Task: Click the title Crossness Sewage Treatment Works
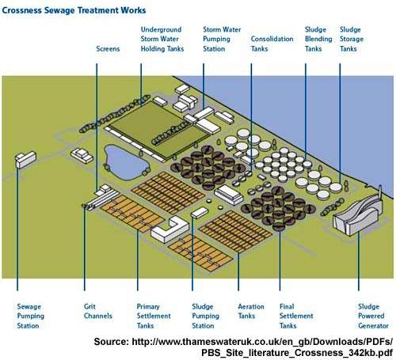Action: tap(74, 10)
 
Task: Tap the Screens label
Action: tap(108, 49)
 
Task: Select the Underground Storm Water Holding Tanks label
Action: tap(162, 39)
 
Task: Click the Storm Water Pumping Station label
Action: tap(222, 39)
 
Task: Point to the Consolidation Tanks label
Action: tap(272, 44)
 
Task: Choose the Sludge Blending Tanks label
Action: tap(318, 39)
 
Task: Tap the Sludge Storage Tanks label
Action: tap(352, 39)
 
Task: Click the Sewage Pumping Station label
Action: tap(31, 316)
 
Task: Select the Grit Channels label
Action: tap(98, 311)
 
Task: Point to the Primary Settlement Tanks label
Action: tap(154, 316)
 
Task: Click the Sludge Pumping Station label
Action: tap(206, 316)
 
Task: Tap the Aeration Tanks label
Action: tap(251, 311)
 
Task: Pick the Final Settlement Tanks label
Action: tap(296, 316)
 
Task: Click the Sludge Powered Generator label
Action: tap(373, 316)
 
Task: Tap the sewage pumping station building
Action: tap(25, 160)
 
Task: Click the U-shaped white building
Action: tap(170, 229)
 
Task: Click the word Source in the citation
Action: tap(111, 342)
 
